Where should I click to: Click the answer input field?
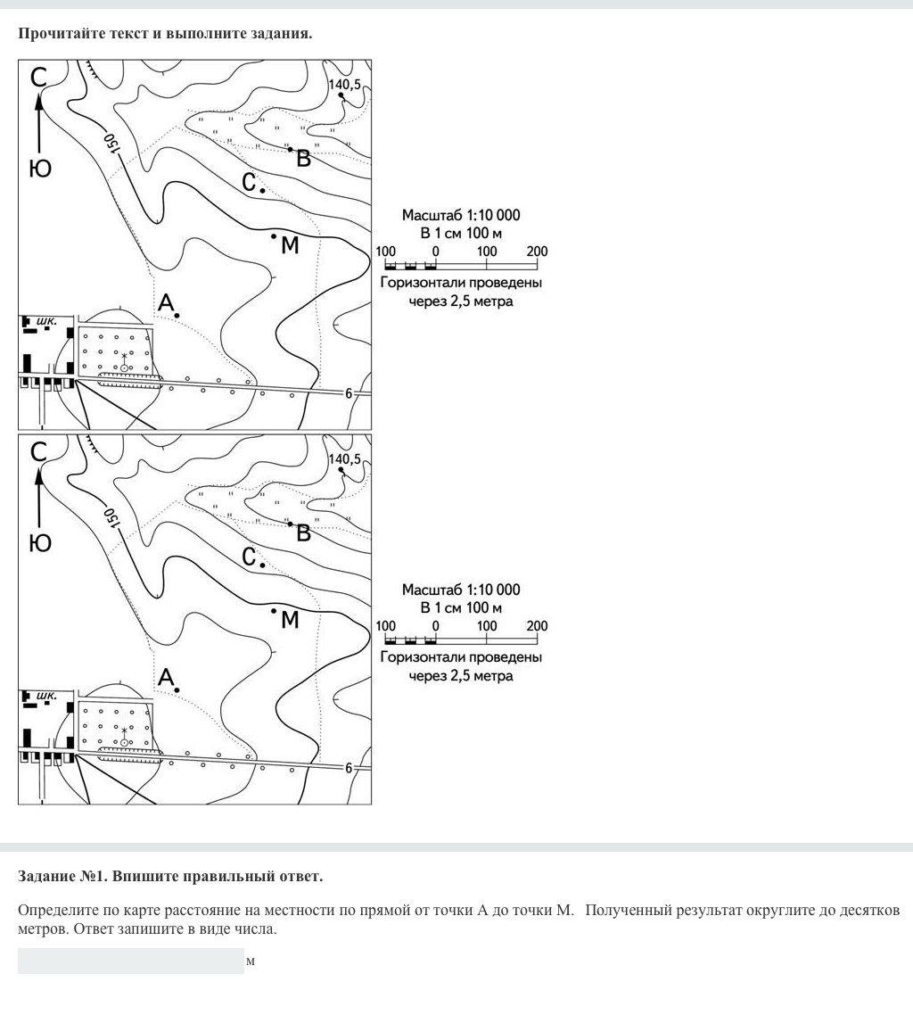pyautogui.click(x=130, y=961)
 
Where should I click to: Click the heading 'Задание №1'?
pyautogui.click(x=169, y=877)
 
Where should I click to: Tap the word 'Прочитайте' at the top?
pyautogui.click(x=55, y=34)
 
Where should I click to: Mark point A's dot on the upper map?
pyautogui.click(x=177, y=316)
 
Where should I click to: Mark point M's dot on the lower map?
pyautogui.click(x=274, y=611)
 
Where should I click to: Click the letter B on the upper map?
pyautogui.click(x=303, y=160)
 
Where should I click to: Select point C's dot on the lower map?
pyautogui.click(x=262, y=565)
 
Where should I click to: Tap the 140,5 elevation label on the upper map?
pyautogui.click(x=345, y=85)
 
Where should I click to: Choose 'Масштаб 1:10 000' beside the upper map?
pyautogui.click(x=460, y=215)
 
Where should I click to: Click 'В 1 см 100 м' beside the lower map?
pyautogui.click(x=460, y=608)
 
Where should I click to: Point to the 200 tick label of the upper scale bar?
pyautogui.click(x=537, y=252)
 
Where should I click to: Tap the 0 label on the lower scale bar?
pyautogui.click(x=435, y=626)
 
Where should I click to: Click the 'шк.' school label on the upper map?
pyautogui.click(x=46, y=320)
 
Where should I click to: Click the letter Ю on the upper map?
pyautogui.click(x=40, y=169)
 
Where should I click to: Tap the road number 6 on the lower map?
pyautogui.click(x=349, y=768)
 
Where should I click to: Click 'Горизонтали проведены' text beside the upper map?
pyautogui.click(x=460, y=284)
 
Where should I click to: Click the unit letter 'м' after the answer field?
pyautogui.click(x=251, y=961)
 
